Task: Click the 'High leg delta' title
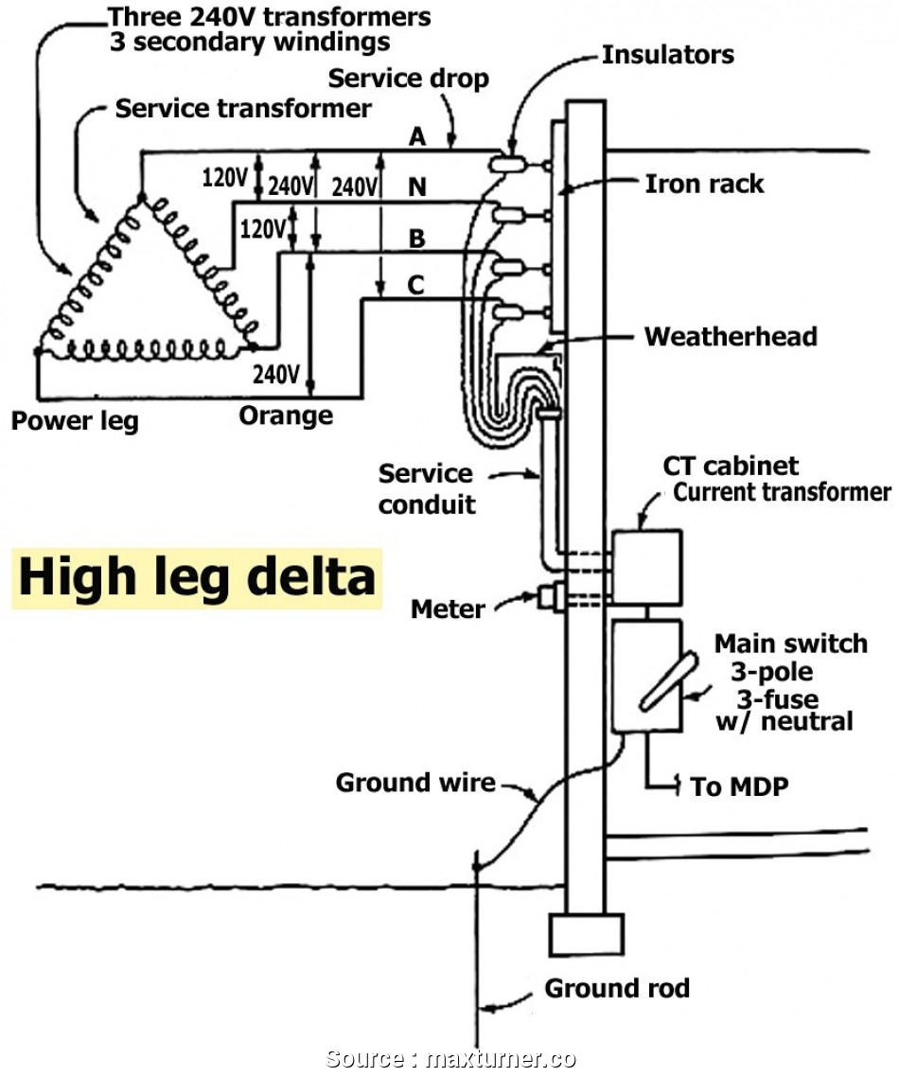tap(197, 577)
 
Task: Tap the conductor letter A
tap(417, 136)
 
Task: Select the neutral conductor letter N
tap(417, 186)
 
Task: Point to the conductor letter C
tap(415, 284)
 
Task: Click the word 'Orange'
tap(286, 416)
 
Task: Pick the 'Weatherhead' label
tap(731, 337)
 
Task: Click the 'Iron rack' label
tap(705, 184)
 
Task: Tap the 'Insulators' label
tap(668, 55)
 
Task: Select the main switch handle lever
tap(668, 681)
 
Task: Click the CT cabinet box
tap(647, 567)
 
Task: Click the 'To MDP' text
tap(739, 786)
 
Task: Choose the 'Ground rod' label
tap(617, 988)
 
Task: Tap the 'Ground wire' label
tap(415, 783)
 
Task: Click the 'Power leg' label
tap(75, 421)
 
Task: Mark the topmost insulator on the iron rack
tap(508, 164)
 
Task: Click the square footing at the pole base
tap(587, 934)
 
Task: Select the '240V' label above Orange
tap(276, 375)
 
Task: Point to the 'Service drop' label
tap(409, 79)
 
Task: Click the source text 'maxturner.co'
tap(501, 1058)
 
